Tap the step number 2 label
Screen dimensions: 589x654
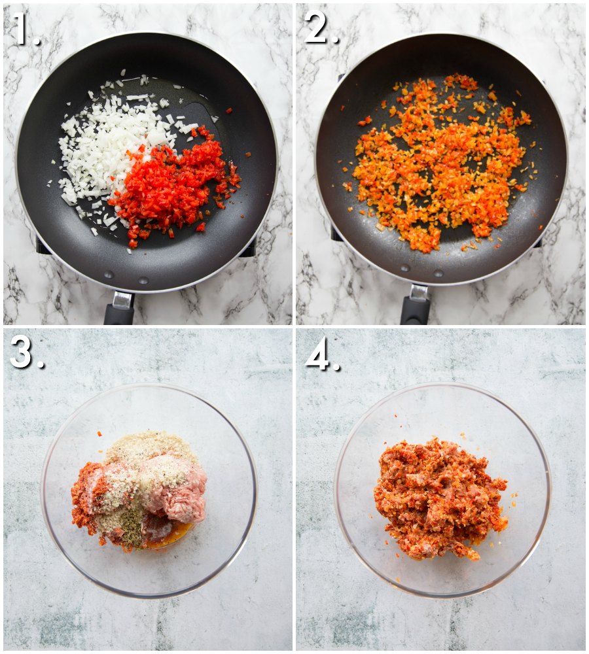coord(321,27)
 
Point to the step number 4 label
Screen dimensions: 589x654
coord(322,354)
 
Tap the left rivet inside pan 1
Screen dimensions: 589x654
coord(109,275)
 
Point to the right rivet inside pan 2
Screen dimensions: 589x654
coord(438,273)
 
